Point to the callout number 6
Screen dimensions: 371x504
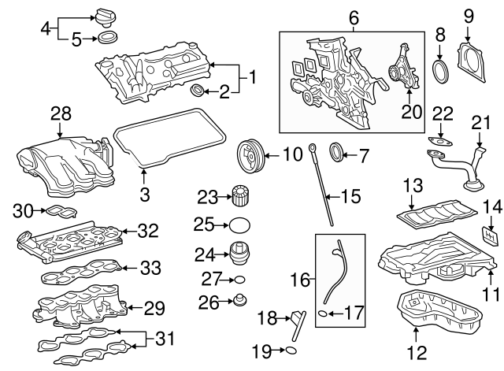coord(353,15)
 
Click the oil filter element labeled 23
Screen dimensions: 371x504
coord(239,195)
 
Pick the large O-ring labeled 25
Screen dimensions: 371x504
coord(239,225)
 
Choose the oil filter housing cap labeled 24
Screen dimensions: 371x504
coord(239,255)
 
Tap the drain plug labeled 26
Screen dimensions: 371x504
coord(239,300)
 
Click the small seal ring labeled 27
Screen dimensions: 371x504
coord(239,279)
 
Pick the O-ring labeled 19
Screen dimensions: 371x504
coord(290,350)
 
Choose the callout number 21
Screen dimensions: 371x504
coord(480,122)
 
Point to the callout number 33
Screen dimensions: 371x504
coord(151,267)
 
